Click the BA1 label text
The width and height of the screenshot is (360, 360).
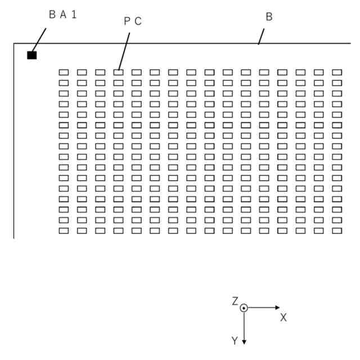click(62, 15)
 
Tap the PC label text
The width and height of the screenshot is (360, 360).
click(132, 21)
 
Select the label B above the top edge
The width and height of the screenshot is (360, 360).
click(269, 17)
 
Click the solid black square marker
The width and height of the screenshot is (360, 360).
click(32, 55)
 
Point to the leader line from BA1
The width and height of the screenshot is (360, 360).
click(39, 39)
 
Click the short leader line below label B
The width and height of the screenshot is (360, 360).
click(260, 37)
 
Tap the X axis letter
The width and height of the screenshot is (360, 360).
click(283, 318)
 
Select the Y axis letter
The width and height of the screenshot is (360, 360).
click(234, 341)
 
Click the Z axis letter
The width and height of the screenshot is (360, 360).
click(235, 301)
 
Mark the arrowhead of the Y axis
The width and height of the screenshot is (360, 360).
click(244, 341)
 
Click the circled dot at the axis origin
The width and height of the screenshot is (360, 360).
click(244, 308)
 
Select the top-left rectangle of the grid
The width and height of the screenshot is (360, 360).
click(64, 72)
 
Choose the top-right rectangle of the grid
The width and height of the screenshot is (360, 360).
click(337, 72)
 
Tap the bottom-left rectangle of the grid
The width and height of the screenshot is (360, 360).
click(64, 230)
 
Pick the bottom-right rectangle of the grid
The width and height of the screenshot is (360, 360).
click(337, 230)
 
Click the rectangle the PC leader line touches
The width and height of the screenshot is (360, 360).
click(118, 72)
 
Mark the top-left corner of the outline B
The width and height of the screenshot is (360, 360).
click(14, 43)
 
